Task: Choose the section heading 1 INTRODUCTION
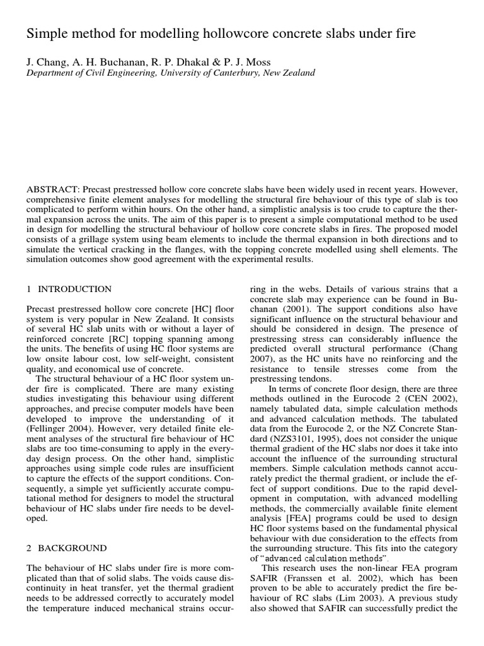click(69, 289)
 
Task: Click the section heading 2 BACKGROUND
click(67, 548)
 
